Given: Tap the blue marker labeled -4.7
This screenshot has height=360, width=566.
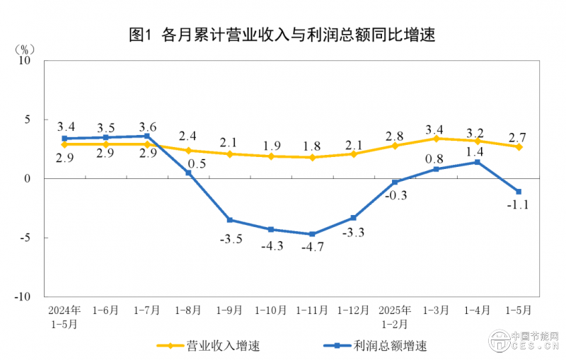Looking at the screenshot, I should [313, 234].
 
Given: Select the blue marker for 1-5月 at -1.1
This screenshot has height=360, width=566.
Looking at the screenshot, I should [519, 192].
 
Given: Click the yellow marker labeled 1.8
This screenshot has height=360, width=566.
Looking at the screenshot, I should [313, 157].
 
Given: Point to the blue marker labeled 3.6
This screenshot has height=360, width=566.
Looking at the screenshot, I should [147, 136].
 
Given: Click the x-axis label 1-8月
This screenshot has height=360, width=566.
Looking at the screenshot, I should [188, 310].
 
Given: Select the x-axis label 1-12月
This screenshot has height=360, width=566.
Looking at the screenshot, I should [353, 310].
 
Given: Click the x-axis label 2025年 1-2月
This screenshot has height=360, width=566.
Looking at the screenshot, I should [395, 316].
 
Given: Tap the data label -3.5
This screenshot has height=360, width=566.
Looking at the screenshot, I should [230, 239].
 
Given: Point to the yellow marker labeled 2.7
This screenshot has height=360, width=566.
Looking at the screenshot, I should [519, 147].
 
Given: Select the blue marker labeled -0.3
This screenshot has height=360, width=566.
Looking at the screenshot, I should [395, 182].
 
